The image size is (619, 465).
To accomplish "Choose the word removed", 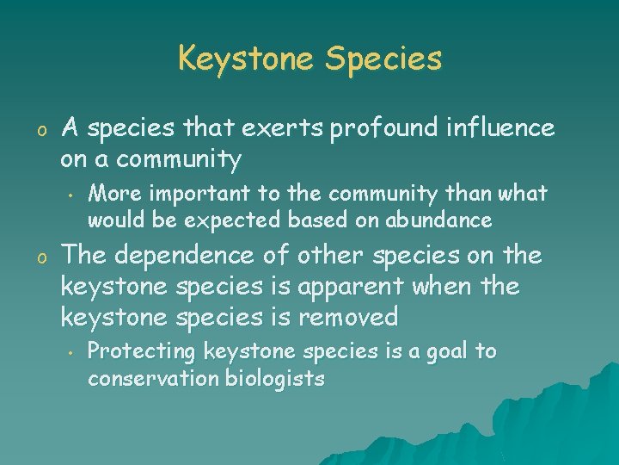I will pyautogui.click(x=348, y=318).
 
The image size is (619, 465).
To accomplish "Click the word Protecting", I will pyautogui.click(x=140, y=351).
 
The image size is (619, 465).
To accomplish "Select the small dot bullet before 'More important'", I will pyautogui.click(x=66, y=193).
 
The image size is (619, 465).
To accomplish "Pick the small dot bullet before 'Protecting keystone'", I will pyautogui.click(x=66, y=352).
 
